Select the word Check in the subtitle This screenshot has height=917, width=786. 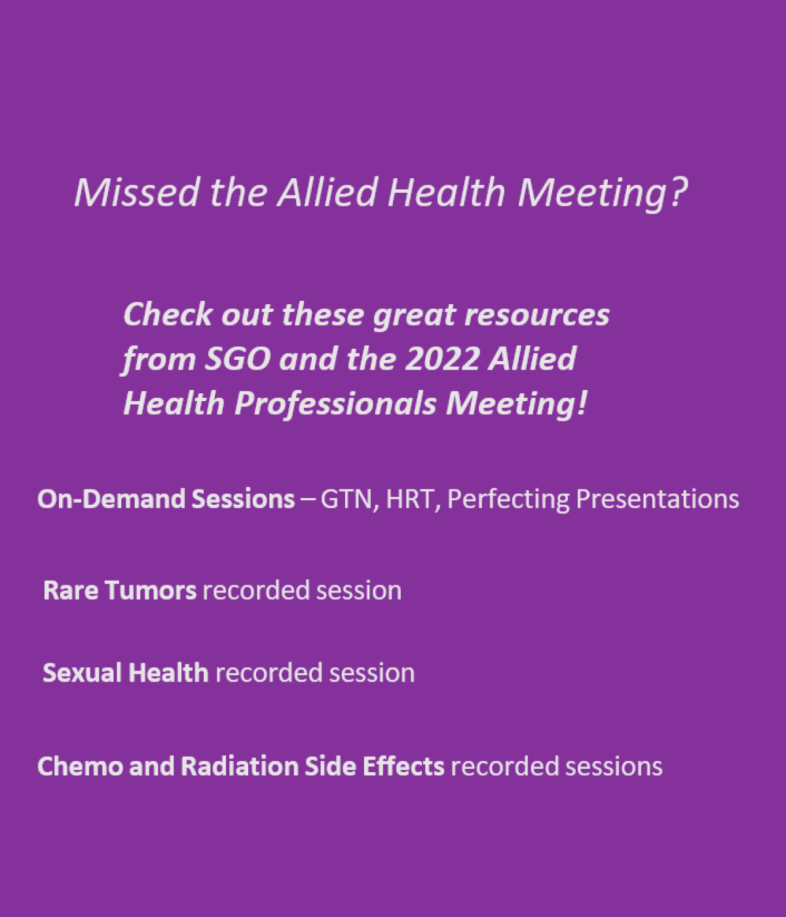pyautogui.click(x=168, y=314)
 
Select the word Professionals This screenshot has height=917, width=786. pyautogui.click(x=335, y=404)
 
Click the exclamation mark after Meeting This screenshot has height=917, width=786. pyautogui.click(x=582, y=403)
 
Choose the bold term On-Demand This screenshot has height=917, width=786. pyautogui.click(x=111, y=499)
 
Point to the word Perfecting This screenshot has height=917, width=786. pyautogui.click(x=508, y=499)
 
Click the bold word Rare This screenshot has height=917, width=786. pyautogui.click(x=71, y=591)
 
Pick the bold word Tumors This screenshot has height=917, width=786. pyautogui.click(x=151, y=591)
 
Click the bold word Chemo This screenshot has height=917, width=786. pyautogui.click(x=81, y=766)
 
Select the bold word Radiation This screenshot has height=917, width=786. pyautogui.click(x=240, y=766)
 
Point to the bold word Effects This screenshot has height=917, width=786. pyautogui.click(x=403, y=766)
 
